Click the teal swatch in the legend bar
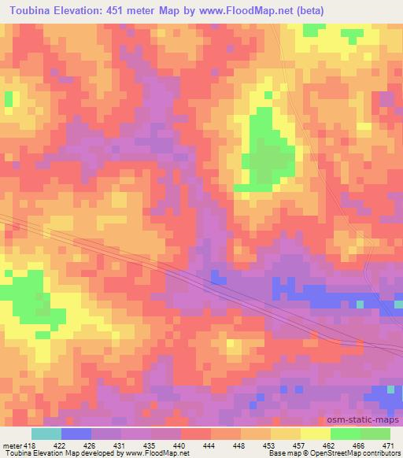(46, 434)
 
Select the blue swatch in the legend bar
(76, 434)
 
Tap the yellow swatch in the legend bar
(315, 434)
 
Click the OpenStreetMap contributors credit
(357, 453)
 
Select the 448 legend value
(238, 445)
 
